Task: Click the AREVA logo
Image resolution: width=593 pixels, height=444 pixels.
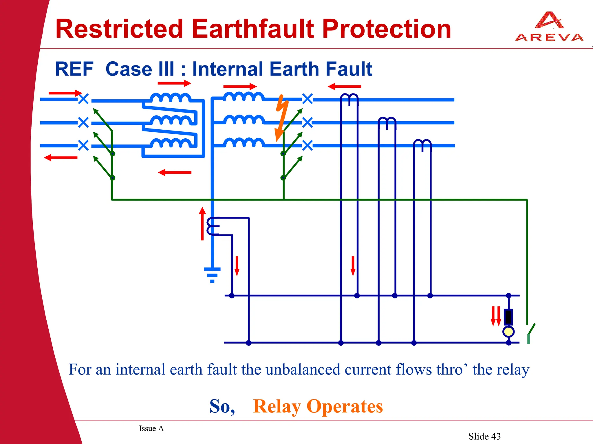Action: coord(549,27)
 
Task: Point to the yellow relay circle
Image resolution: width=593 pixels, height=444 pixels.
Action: coord(508,331)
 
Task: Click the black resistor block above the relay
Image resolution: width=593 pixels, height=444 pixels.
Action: coord(508,317)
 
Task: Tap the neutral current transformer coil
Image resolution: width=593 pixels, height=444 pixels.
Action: coord(213,226)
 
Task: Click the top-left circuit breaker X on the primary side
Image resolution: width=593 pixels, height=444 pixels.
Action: coord(83,99)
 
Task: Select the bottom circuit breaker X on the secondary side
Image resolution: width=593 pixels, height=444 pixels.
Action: coord(308,145)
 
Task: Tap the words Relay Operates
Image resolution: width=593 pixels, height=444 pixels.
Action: coord(318,406)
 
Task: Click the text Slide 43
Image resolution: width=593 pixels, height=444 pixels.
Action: coord(484,436)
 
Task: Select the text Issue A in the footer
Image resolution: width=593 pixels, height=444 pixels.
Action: coord(151,428)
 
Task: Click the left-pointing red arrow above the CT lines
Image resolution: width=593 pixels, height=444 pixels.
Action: coord(344,87)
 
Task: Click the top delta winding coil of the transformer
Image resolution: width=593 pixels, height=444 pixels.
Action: coord(170,98)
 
